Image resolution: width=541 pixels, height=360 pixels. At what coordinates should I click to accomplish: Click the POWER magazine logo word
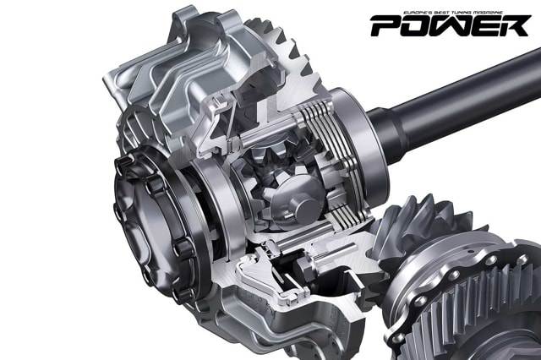click(x=450, y=26)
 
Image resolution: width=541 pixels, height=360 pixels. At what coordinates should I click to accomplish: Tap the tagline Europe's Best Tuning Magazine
click(x=453, y=13)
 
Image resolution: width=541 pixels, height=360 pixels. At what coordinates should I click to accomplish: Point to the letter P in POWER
click(x=387, y=26)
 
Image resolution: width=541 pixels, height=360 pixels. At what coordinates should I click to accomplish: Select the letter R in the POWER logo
click(x=515, y=26)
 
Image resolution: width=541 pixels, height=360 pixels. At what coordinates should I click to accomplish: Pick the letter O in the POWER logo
click(x=419, y=26)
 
